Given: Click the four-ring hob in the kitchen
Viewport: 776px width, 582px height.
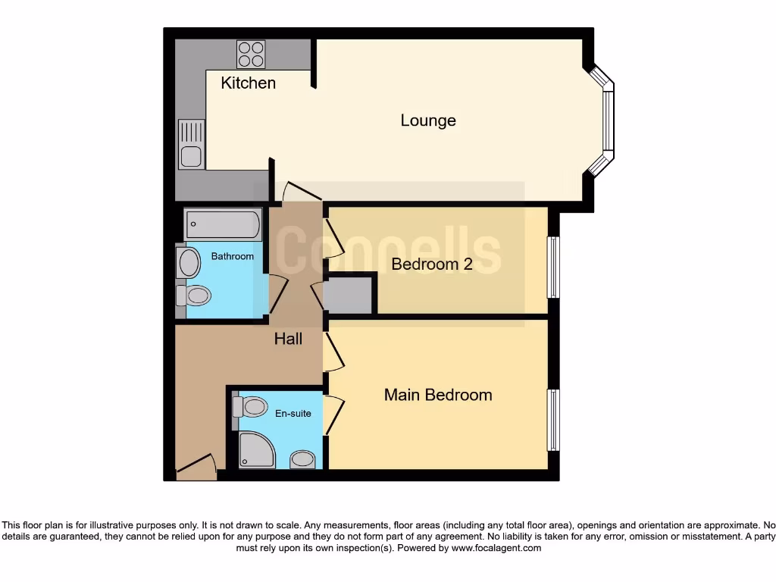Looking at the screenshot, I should click(251, 53).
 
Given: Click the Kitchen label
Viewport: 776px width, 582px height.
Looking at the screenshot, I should click(248, 83).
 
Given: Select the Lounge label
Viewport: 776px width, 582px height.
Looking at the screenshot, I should click(428, 120).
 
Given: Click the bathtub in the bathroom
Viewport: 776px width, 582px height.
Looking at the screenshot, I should click(224, 224).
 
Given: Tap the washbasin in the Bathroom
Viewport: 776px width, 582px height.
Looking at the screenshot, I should click(187, 264).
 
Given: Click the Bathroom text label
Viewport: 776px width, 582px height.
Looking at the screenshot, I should click(232, 256).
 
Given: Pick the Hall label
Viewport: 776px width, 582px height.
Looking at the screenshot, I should click(288, 339).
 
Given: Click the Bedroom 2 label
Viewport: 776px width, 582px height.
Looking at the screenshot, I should click(431, 264).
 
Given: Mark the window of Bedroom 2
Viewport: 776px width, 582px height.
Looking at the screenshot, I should click(553, 268).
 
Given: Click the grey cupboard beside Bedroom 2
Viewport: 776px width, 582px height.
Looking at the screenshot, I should click(349, 295).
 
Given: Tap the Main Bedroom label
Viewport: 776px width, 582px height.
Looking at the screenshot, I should click(437, 395).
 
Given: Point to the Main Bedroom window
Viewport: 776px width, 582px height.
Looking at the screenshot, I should click(553, 419).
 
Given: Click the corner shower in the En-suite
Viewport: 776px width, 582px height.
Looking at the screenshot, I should click(255, 450).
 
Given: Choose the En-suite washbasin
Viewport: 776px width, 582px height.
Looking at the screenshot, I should click(303, 459).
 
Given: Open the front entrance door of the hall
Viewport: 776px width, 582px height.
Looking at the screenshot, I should click(196, 468).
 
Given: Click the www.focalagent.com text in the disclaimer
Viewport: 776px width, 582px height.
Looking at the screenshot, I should click(496, 548).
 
